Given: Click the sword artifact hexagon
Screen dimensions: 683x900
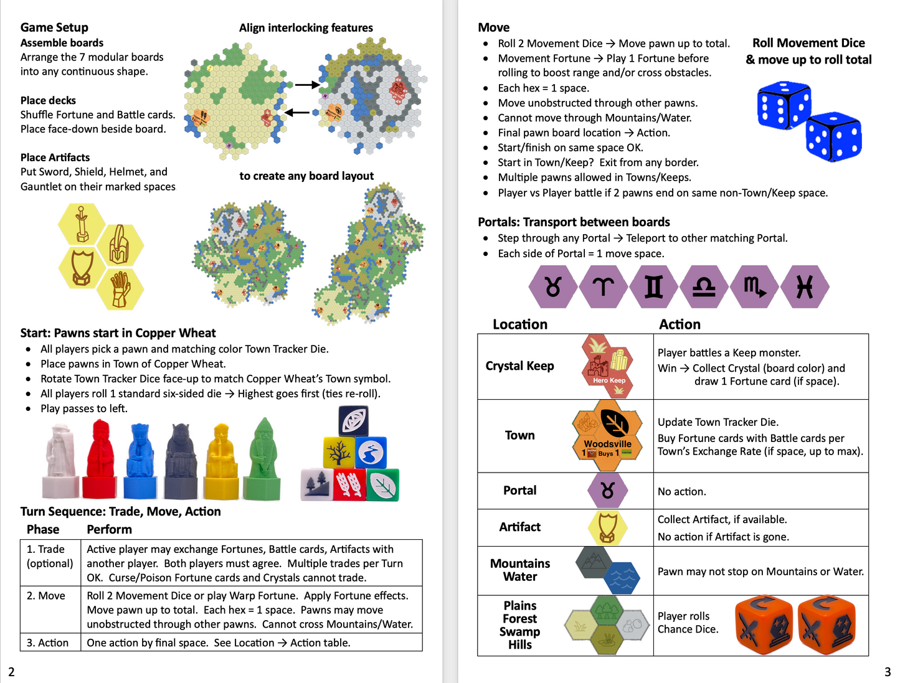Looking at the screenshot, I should pyautogui.click(x=82, y=224).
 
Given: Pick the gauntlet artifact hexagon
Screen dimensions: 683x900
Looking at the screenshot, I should pyautogui.click(x=120, y=288).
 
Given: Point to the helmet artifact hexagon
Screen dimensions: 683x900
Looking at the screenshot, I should pyautogui.click(x=120, y=245).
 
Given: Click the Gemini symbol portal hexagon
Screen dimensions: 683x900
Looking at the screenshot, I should pyautogui.click(x=653, y=287).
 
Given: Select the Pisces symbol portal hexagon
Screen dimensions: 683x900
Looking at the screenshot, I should pyautogui.click(x=805, y=287).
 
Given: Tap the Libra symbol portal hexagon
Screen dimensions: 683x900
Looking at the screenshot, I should pyautogui.click(x=704, y=287).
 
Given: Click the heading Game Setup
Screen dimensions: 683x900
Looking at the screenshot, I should pyautogui.click(x=54, y=27).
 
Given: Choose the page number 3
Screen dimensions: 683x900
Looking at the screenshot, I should pyautogui.click(x=888, y=672).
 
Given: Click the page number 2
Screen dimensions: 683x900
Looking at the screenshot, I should pyautogui.click(x=11, y=672).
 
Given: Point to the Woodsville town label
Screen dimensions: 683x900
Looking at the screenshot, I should pyautogui.click(x=607, y=444).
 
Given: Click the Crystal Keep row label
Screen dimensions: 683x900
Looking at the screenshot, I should pyautogui.click(x=519, y=366).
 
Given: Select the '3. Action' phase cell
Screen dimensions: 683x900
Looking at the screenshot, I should pyautogui.click(x=48, y=643).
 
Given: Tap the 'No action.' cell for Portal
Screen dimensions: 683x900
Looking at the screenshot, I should pyautogui.click(x=682, y=491).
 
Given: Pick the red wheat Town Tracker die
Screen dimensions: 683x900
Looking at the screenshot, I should pyautogui.click(x=349, y=485).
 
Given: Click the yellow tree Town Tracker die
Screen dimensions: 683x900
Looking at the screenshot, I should pyautogui.click(x=338, y=453).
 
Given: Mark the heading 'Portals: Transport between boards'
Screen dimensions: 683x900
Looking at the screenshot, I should pyautogui.click(x=574, y=222).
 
